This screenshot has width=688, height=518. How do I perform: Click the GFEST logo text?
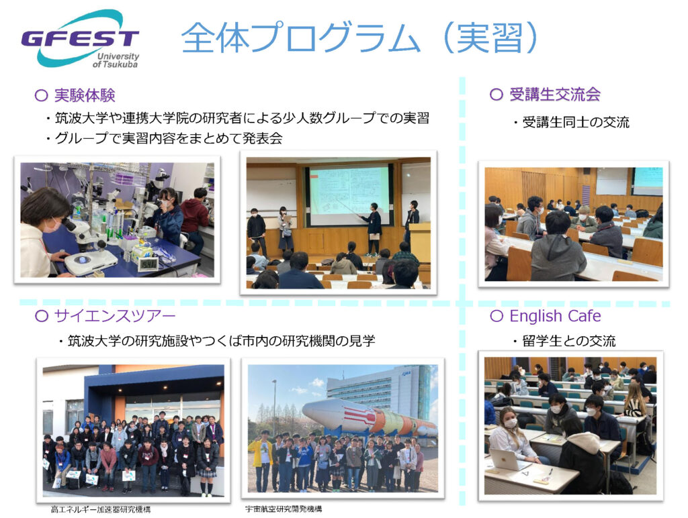(80, 38)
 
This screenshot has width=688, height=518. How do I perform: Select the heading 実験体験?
(85, 95)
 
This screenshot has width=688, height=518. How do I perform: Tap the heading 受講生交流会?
(555, 94)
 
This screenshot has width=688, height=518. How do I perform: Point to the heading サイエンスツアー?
(114, 315)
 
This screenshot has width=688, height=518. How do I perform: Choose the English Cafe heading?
(555, 315)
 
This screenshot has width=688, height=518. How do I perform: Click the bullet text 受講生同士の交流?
(576, 122)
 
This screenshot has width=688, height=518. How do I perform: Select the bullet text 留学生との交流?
(568, 341)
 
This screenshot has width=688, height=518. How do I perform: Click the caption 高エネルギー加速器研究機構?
(101, 509)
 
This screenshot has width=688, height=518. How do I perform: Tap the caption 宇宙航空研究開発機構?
(284, 509)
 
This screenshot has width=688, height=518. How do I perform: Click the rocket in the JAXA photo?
(370, 419)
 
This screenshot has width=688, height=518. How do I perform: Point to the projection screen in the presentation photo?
(349, 195)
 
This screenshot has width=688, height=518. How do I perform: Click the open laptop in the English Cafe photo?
(507, 459)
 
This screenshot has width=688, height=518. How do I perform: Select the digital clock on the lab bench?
(147, 264)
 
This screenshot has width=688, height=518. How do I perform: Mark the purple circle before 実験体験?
(41, 95)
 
